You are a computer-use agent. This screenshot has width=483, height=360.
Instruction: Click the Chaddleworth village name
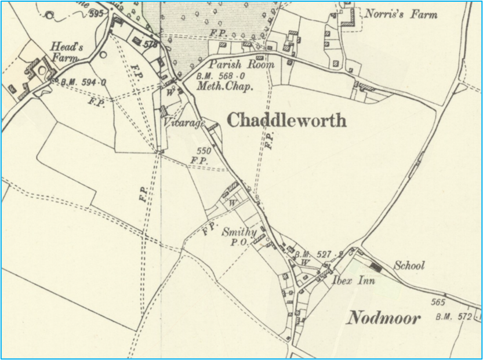[x=286, y=120]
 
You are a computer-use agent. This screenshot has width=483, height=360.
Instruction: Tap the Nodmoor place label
[x=384, y=317]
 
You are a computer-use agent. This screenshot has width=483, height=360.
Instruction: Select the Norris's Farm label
[x=400, y=14]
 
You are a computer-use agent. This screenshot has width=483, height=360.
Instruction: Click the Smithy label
[x=239, y=232]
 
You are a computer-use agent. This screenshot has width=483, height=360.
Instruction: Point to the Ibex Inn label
[x=354, y=281]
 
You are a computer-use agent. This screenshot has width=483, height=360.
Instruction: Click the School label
[x=409, y=266]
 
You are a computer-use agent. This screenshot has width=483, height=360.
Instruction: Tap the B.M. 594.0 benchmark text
[x=83, y=82]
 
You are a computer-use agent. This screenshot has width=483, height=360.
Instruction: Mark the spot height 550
[x=204, y=151]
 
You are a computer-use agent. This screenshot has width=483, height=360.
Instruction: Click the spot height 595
[x=96, y=14]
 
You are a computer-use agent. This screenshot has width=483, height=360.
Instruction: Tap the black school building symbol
[x=376, y=267]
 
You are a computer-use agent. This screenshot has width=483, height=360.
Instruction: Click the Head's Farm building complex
[x=35, y=73]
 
